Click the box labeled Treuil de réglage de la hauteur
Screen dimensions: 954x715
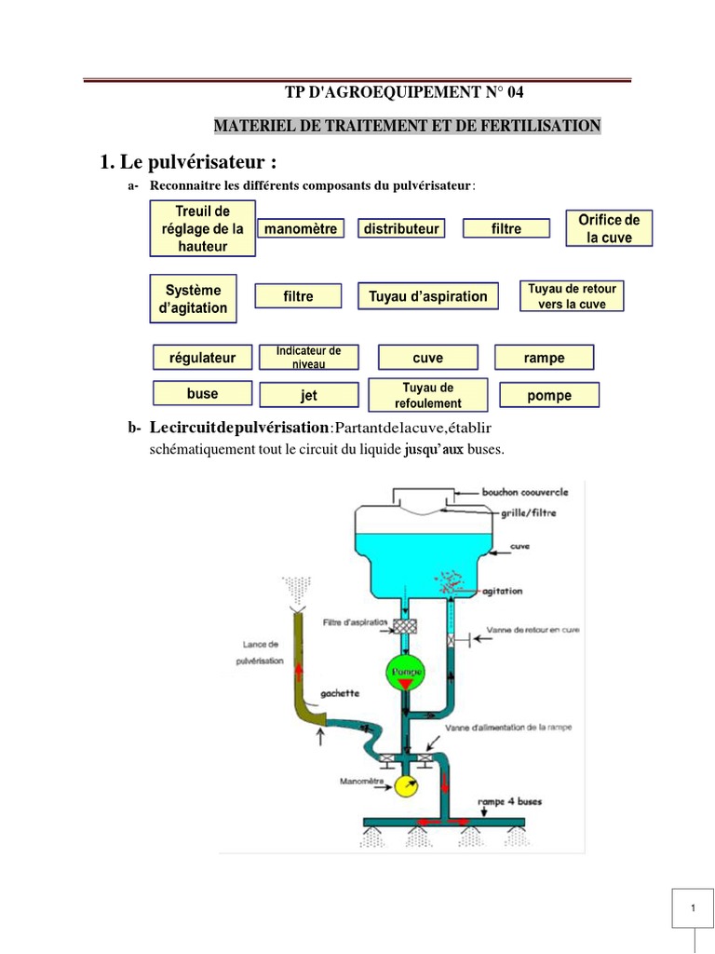pyautogui.click(x=202, y=229)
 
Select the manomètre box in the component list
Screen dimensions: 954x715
pyautogui.click(x=299, y=228)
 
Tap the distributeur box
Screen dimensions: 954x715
pyautogui.click(x=401, y=228)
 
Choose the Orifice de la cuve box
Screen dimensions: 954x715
pyautogui.click(x=609, y=228)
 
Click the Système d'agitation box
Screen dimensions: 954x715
pyautogui.click(x=193, y=299)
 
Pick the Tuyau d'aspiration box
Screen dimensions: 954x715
pyautogui.click(x=427, y=296)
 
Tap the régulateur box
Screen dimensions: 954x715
pyautogui.click(x=202, y=358)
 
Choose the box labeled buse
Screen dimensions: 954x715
pyautogui.click(x=202, y=394)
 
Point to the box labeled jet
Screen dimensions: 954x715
pyautogui.click(x=309, y=396)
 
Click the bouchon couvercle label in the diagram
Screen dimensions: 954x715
pyautogui.click(x=524, y=491)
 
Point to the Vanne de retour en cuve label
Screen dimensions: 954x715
pyautogui.click(x=539, y=630)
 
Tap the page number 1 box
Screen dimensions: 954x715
pyautogui.click(x=693, y=908)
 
